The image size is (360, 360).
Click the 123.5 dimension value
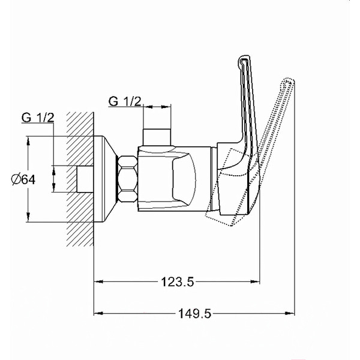pos(178,282)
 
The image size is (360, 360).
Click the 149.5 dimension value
pos(194,313)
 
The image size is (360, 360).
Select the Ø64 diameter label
pos(23,179)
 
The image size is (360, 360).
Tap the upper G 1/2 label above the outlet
pos(125,101)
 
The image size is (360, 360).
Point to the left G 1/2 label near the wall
pos(38,118)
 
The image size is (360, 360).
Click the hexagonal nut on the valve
pos(128,179)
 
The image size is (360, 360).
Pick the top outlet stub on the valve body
pos(157,137)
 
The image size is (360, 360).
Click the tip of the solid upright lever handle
pos(244,56)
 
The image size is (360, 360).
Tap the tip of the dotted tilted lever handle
pos(290,80)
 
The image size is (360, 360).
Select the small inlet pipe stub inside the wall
pos(85,179)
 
